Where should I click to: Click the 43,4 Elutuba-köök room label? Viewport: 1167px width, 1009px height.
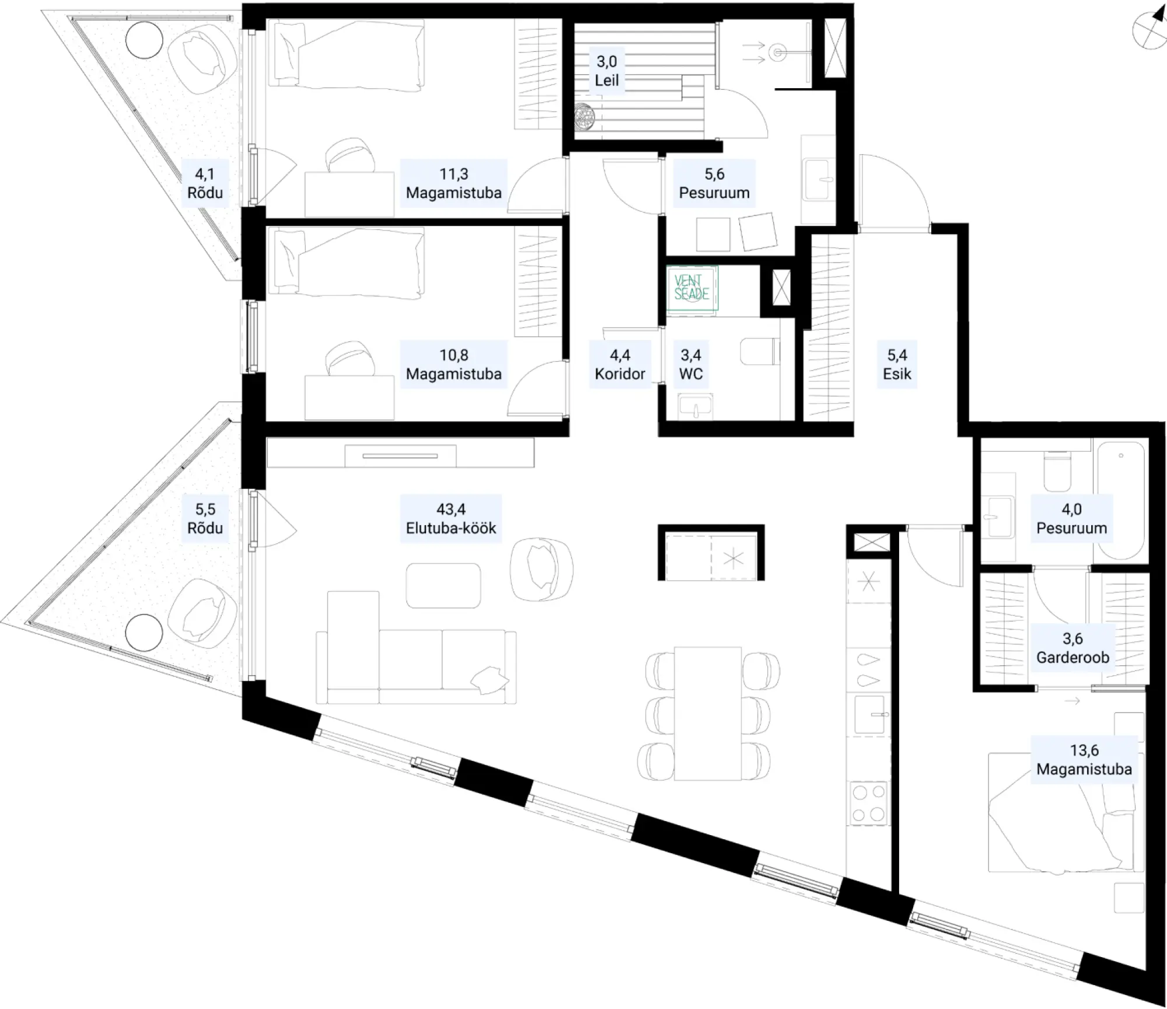(451, 519)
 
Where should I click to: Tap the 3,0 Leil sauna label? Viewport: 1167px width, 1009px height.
(607, 71)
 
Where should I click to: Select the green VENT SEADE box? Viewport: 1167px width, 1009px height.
(692, 289)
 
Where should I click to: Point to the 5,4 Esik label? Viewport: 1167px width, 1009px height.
(897, 364)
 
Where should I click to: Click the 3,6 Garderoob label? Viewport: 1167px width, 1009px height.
(1072, 648)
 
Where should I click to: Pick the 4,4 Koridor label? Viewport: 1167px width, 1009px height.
(620, 364)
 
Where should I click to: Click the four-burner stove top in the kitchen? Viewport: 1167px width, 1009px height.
(868, 804)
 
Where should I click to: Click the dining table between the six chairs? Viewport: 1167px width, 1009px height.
(708, 713)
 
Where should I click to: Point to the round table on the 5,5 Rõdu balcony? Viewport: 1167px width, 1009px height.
(144, 633)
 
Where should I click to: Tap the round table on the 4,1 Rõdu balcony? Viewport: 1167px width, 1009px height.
(144, 39)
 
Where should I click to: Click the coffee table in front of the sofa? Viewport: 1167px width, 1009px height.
(443, 585)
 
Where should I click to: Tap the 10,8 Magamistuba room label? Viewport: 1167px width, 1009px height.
(453, 364)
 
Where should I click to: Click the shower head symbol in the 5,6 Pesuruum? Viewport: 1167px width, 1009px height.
(777, 53)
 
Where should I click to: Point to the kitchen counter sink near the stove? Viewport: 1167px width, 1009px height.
(869, 714)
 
